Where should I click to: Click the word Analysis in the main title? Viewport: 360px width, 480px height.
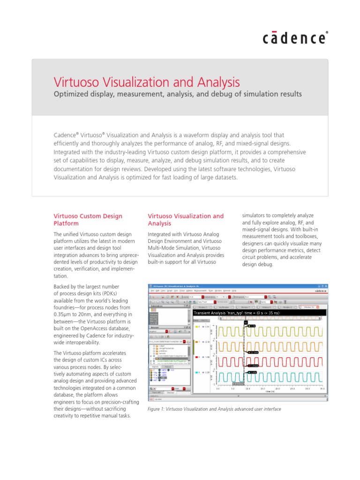(215, 82)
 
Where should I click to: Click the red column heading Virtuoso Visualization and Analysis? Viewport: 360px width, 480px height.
(186, 220)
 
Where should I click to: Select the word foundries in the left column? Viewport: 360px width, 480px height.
(69, 306)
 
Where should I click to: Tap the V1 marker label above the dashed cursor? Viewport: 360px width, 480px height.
(245, 322)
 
